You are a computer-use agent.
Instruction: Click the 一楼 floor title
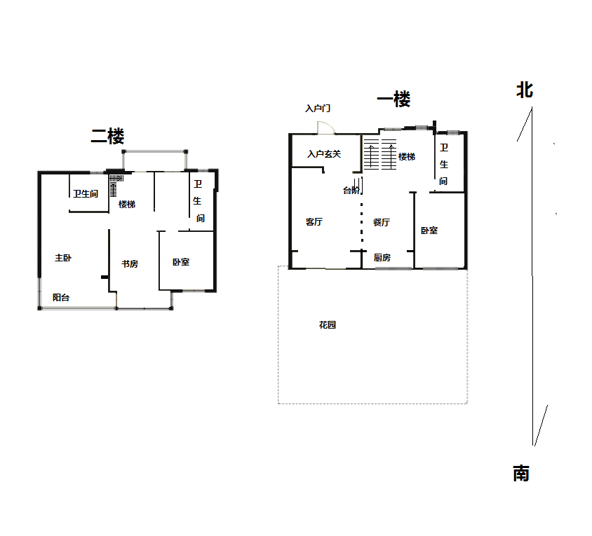(x=393, y=99)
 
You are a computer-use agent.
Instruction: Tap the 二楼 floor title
(x=107, y=136)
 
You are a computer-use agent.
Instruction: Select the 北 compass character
(x=525, y=90)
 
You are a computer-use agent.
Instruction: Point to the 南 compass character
(x=521, y=474)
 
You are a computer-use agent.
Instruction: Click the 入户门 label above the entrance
(x=318, y=109)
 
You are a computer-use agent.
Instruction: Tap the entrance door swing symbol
(x=325, y=128)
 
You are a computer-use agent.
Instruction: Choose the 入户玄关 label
(x=324, y=154)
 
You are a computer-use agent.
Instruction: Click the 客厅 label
(x=314, y=222)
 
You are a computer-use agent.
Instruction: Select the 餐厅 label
(x=382, y=223)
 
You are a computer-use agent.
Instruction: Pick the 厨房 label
(x=382, y=258)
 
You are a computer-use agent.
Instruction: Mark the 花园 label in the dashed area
(x=328, y=325)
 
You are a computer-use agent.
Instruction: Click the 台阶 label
(x=351, y=191)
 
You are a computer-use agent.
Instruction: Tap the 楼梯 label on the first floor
(x=407, y=157)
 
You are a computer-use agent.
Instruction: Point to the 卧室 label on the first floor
(x=429, y=231)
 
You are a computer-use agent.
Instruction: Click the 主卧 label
(x=63, y=258)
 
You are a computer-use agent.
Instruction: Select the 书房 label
(x=130, y=264)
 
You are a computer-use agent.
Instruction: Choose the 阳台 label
(x=61, y=298)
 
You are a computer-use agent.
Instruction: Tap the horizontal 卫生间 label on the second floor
(x=86, y=194)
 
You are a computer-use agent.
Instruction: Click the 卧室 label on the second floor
(x=181, y=262)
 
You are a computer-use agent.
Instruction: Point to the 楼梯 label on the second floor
(x=127, y=205)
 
